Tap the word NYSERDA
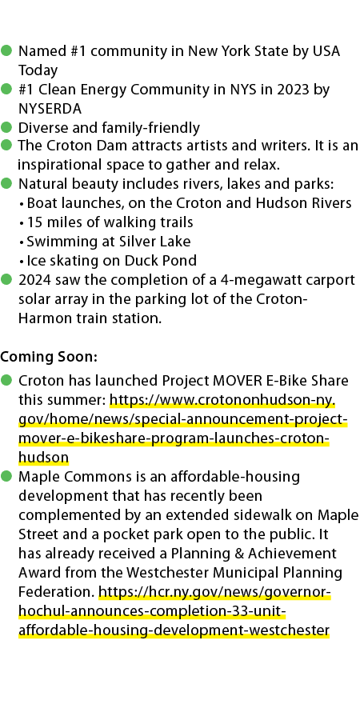click(x=50, y=109)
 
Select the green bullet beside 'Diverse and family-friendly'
click(x=6, y=127)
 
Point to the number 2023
click(x=293, y=90)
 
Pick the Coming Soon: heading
click(x=49, y=357)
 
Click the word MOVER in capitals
click(x=238, y=381)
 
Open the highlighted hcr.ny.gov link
click(x=174, y=611)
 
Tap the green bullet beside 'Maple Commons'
click(x=6, y=476)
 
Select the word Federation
click(x=56, y=592)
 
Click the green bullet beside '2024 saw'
click(x=6, y=279)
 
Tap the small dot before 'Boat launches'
click(x=22, y=204)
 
